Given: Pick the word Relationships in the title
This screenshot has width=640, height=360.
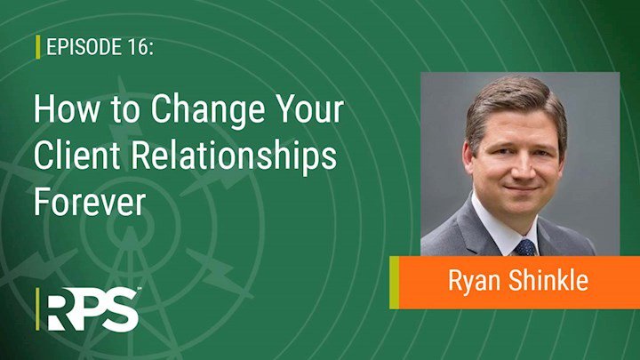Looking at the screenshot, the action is click(234, 157).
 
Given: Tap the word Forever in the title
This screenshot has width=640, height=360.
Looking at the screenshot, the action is click(90, 202).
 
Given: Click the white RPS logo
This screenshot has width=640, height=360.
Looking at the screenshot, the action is click(93, 309).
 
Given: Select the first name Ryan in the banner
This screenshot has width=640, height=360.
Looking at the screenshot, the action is click(474, 282).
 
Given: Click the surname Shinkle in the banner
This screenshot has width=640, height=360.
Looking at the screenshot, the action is click(548, 280).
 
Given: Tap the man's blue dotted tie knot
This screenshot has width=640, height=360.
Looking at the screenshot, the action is click(525, 247).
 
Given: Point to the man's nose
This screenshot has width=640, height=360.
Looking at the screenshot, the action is click(522, 166).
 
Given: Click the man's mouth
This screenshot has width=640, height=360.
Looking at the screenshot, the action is click(522, 188).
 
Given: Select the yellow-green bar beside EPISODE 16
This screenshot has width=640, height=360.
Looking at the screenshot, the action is click(38, 46).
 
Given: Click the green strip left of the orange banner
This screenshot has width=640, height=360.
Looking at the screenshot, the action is click(395, 283).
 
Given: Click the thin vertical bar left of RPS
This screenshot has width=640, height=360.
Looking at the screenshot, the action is click(38, 309).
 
